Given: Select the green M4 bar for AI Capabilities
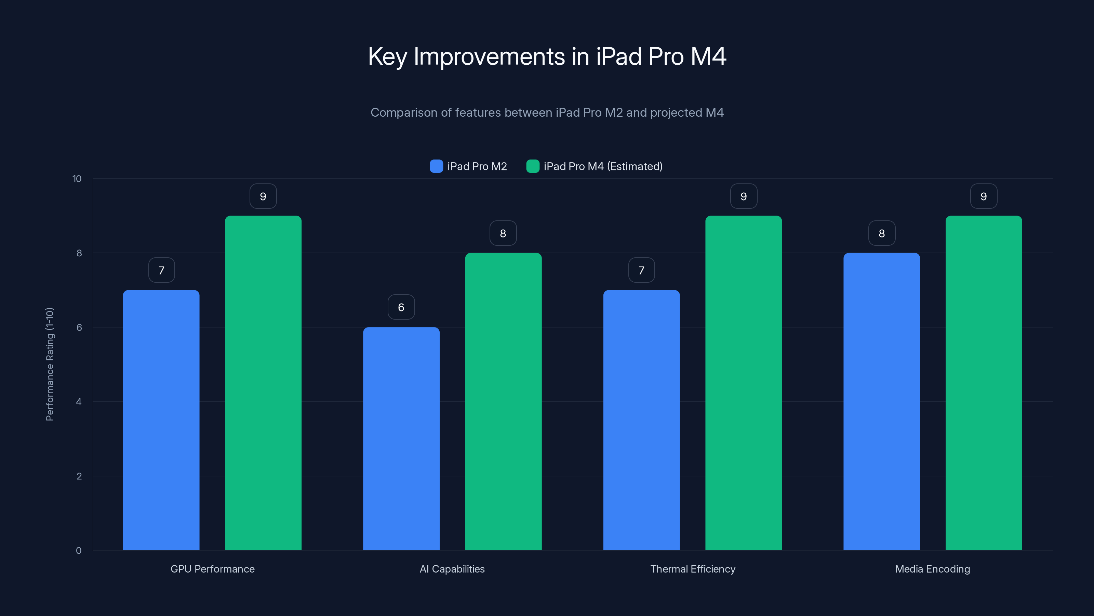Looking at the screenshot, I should (x=503, y=401).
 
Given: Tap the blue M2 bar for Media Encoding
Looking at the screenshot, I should (x=882, y=401).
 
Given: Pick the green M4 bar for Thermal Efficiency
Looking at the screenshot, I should (x=743, y=383).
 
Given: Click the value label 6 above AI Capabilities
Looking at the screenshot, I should (x=401, y=307).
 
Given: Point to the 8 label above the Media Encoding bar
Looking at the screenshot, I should (x=882, y=233).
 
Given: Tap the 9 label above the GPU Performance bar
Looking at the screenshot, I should (x=263, y=196).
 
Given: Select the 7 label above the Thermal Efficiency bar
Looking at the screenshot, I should (x=641, y=270).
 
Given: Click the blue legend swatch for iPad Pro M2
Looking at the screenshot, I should (x=436, y=166).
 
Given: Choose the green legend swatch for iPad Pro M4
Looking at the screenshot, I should (x=533, y=166).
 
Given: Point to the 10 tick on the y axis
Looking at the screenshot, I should (x=77, y=179).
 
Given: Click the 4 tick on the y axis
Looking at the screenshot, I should (x=79, y=402).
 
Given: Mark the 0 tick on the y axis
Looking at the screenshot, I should (x=79, y=551).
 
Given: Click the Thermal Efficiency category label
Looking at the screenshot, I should (x=693, y=569).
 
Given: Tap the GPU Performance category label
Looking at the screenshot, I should (x=212, y=569).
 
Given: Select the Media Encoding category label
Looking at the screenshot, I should (x=932, y=569).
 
